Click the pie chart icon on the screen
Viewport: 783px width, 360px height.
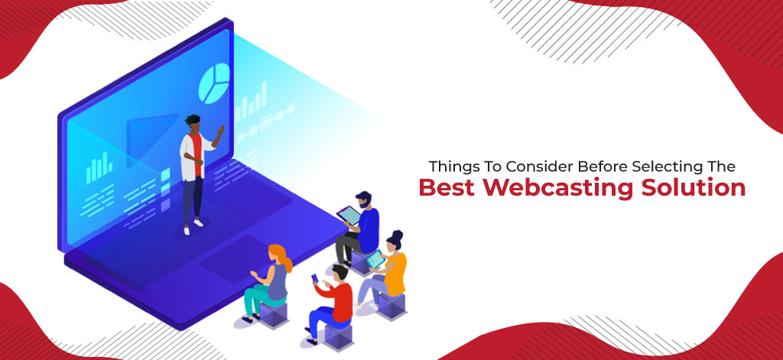click(x=214, y=84)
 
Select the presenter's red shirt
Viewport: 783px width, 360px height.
click(x=197, y=152)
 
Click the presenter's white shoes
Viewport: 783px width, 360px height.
click(x=193, y=226)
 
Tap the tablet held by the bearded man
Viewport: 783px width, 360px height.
click(x=349, y=216)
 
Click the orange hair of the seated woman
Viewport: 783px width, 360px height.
click(x=281, y=256)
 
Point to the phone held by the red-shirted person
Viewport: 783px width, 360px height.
click(x=314, y=279)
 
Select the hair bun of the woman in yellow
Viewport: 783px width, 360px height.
click(x=398, y=235)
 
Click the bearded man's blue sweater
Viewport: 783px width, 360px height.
click(x=368, y=229)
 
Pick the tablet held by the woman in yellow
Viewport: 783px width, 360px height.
click(x=375, y=258)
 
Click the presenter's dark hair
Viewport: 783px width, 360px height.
click(x=192, y=120)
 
